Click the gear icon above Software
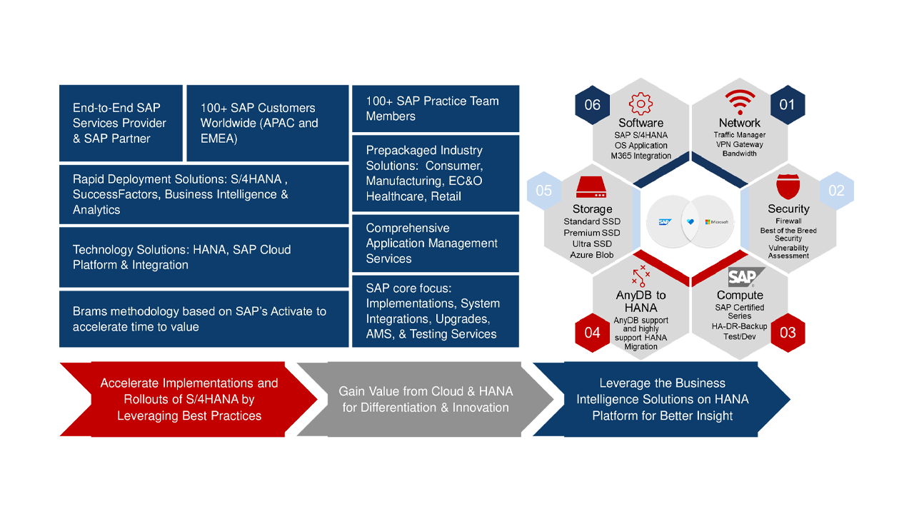tap(641, 104)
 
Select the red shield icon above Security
tap(788, 187)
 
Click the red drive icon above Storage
tap(591, 188)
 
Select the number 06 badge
tap(593, 105)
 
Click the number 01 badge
tap(787, 105)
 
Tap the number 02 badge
tap(836, 191)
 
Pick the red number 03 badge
tap(788, 332)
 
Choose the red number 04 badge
tap(593, 332)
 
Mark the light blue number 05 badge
tap(544, 191)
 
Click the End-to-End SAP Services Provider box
tap(121, 124)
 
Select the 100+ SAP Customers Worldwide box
tap(266, 124)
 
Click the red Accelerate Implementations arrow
tap(189, 400)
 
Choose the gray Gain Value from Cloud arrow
tap(426, 400)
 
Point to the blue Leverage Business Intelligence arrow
tap(662, 400)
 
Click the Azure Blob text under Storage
tap(591, 255)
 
